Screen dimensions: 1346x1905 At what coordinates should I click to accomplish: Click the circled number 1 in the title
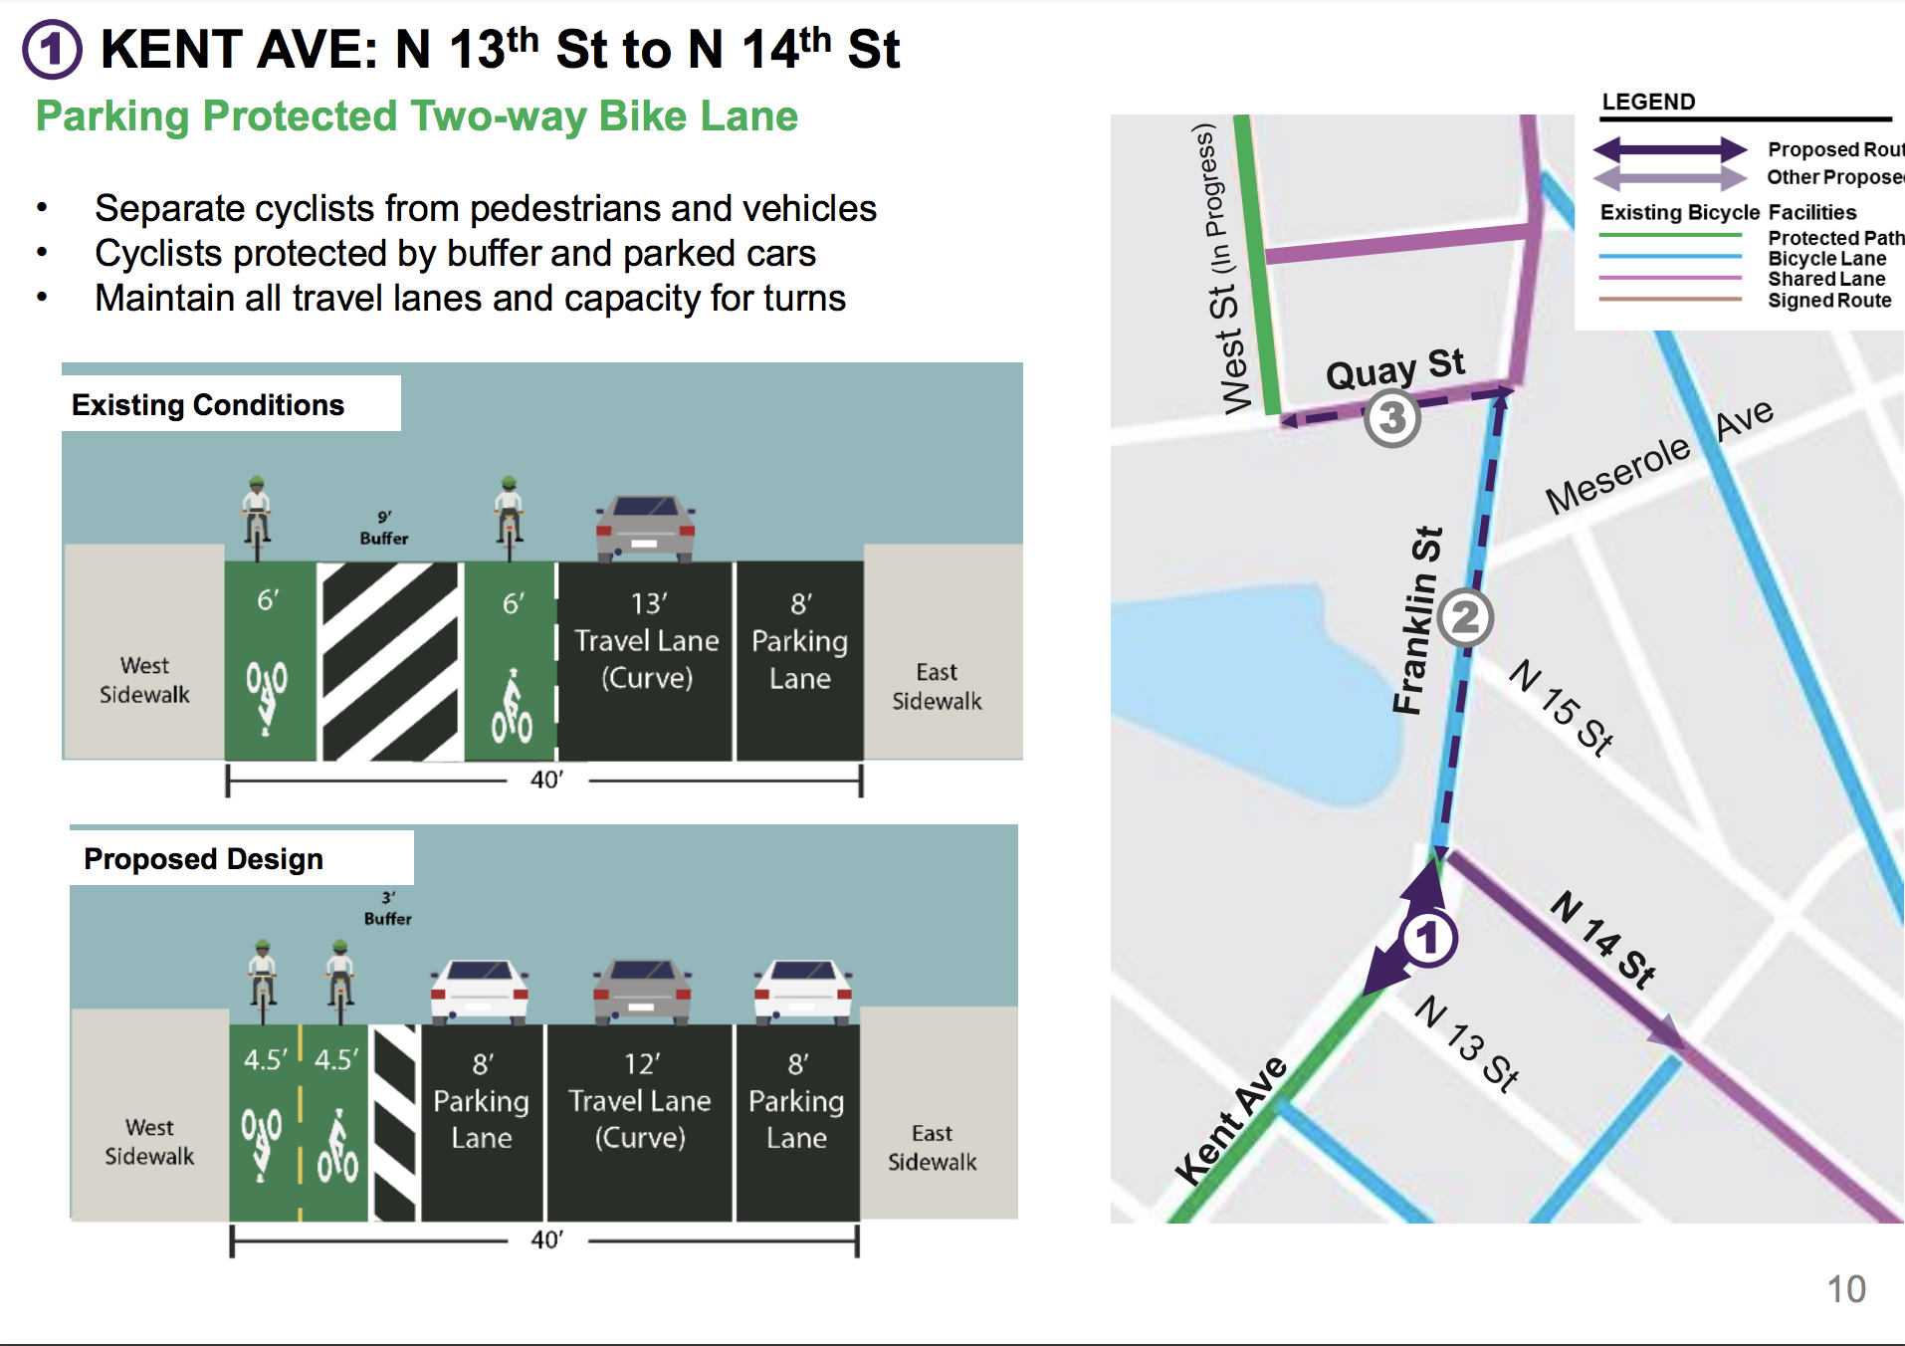(52, 50)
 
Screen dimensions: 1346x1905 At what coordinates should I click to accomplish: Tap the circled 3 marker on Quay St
(1391, 418)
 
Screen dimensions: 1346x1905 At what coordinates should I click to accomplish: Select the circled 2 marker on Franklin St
(1464, 618)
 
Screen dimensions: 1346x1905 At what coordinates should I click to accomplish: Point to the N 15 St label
(1561, 708)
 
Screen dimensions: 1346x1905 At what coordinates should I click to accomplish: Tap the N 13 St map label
(1467, 1042)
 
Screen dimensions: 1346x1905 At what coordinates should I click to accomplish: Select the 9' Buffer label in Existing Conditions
(384, 528)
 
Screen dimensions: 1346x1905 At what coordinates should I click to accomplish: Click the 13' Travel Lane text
(646, 640)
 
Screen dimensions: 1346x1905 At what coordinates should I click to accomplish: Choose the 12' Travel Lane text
(640, 1100)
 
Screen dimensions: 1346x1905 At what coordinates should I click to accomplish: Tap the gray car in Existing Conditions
(645, 528)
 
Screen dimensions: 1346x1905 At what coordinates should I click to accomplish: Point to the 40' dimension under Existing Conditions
(545, 780)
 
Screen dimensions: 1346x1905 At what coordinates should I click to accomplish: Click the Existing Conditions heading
(208, 405)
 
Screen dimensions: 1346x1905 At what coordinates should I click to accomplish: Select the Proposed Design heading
(204, 859)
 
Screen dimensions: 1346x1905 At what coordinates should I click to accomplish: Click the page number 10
(1845, 1289)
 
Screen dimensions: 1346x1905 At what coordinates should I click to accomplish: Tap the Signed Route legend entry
(1828, 301)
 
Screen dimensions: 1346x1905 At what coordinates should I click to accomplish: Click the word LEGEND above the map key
(1648, 102)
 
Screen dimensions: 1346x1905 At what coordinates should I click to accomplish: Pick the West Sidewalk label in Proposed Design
(149, 1142)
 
